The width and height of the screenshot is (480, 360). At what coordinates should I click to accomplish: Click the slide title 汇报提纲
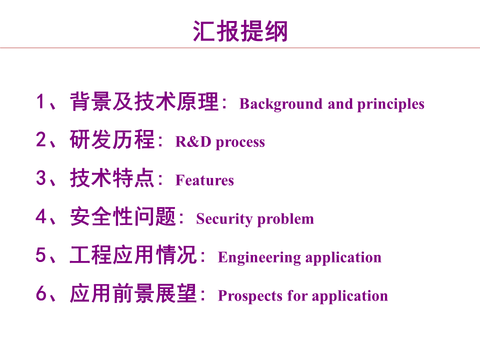pyautogui.click(x=240, y=31)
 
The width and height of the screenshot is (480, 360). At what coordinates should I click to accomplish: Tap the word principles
pyautogui.click(x=390, y=104)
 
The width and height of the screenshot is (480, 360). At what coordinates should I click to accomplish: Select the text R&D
pyautogui.click(x=193, y=142)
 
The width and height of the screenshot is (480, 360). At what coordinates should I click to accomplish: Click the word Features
pyautogui.click(x=204, y=180)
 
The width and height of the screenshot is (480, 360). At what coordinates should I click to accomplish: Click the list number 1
pyautogui.click(x=41, y=102)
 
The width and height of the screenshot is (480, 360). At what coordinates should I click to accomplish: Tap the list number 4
pyautogui.click(x=41, y=217)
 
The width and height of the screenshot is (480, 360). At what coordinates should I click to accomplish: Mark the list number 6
pyautogui.click(x=41, y=294)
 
